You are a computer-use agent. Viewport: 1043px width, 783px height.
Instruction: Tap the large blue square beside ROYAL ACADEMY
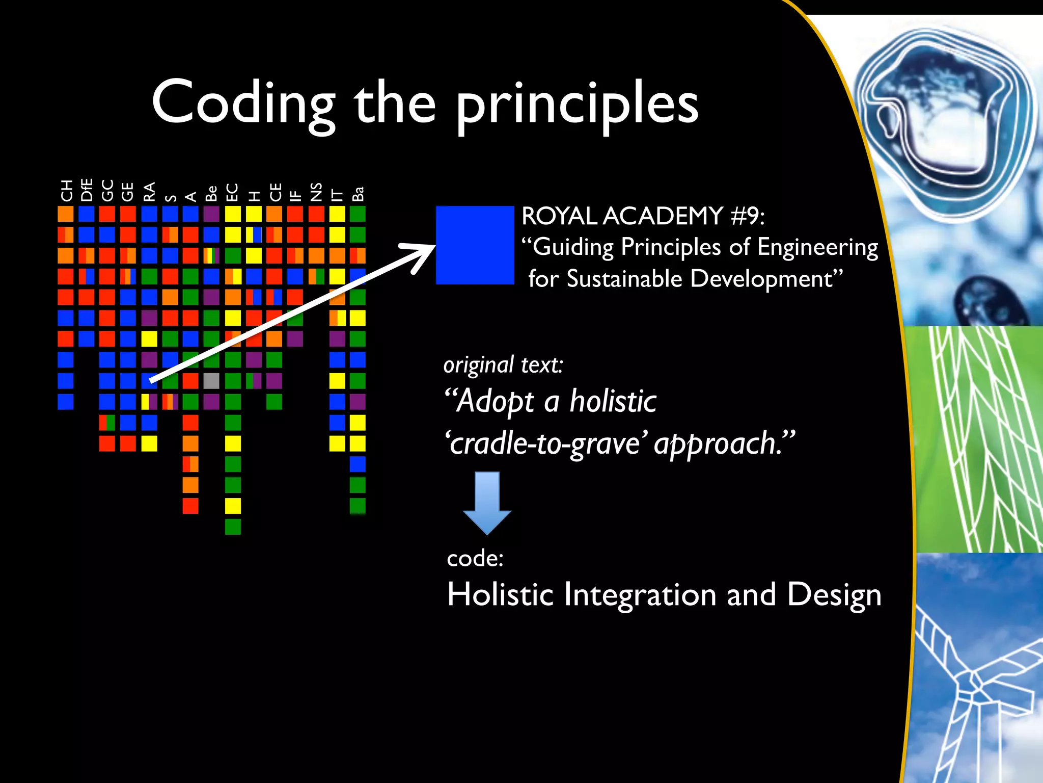pyautogui.click(x=475, y=245)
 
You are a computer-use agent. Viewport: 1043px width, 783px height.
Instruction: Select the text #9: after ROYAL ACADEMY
pyautogui.click(x=747, y=216)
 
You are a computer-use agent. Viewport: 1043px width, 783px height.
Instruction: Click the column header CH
pyautogui.click(x=66, y=191)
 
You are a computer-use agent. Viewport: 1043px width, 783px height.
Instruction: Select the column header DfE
pyautogui.click(x=87, y=190)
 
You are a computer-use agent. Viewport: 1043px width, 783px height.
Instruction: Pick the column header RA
pyautogui.click(x=149, y=192)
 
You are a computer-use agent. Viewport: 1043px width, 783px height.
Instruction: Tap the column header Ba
pyautogui.click(x=358, y=194)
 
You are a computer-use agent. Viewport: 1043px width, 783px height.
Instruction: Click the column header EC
pyautogui.click(x=232, y=192)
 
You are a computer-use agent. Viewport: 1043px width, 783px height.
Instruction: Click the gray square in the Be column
pyautogui.click(x=211, y=381)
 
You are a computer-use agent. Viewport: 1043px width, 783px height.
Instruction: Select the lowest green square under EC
pyautogui.click(x=233, y=527)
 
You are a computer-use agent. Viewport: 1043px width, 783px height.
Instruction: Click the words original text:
pyautogui.click(x=503, y=365)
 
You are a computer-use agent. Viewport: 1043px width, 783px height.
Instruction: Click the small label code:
pyautogui.click(x=475, y=558)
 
